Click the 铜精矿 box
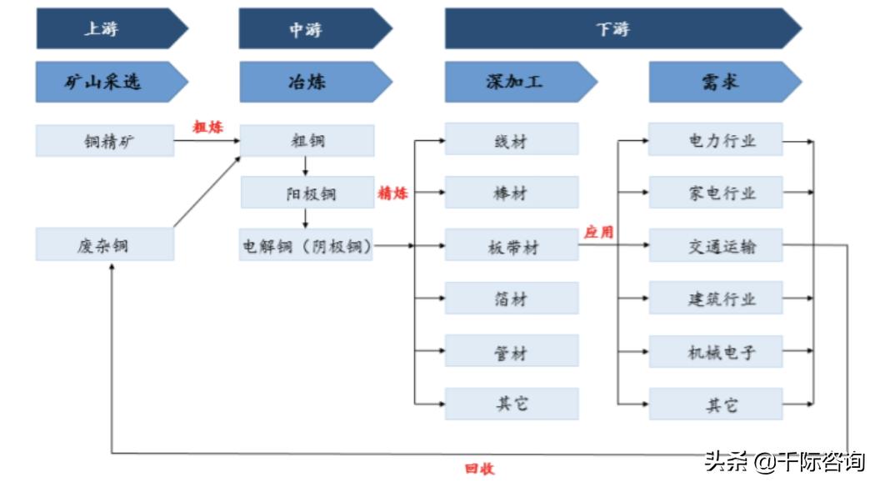[x=105, y=141]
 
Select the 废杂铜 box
[x=105, y=245]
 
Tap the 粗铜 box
[x=307, y=141]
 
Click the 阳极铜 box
[x=307, y=193]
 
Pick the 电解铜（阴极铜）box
[x=307, y=245]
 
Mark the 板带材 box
[x=512, y=246]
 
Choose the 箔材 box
[x=512, y=299]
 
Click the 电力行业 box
[x=716, y=140]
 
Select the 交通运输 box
[x=716, y=246]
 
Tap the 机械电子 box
[x=716, y=352]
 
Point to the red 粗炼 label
[x=208, y=128]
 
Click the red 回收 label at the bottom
[x=480, y=469]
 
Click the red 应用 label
[x=598, y=233]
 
